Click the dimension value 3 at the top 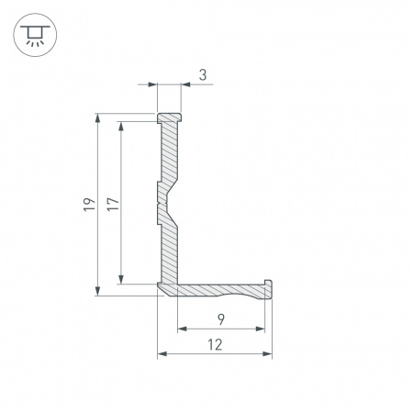click(x=202, y=75)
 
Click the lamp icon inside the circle click(x=35, y=35)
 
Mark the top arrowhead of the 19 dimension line click(x=98, y=118)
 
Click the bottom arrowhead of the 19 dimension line click(x=98, y=291)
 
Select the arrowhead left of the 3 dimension click(x=152, y=85)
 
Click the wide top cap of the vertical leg click(x=169, y=118)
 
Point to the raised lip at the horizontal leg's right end click(x=268, y=284)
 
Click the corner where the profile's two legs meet click(x=167, y=288)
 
